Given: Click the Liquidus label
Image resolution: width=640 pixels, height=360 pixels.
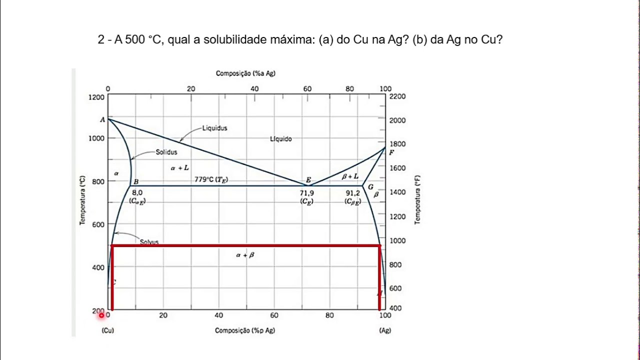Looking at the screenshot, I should (214, 128).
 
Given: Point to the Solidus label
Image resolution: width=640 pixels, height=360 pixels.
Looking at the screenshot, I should (166, 152).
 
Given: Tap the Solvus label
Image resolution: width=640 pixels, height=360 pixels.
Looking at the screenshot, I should (149, 242).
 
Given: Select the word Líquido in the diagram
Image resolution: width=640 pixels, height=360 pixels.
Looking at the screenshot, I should (280, 139).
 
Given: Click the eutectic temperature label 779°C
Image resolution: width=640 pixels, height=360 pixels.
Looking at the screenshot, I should (211, 179).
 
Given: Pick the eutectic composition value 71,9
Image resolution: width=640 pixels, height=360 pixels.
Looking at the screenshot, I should (306, 192).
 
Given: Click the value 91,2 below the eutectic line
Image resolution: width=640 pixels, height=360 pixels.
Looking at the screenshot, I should (352, 192).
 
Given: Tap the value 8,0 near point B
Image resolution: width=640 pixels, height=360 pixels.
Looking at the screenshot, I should (137, 192).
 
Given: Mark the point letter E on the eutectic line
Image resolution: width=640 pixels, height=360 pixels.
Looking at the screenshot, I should (308, 180).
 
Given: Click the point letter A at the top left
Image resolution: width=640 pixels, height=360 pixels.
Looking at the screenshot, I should (102, 119).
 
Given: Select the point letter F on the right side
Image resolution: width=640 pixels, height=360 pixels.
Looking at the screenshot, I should (391, 152).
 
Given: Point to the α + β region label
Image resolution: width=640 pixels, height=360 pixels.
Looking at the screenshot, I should (245, 255).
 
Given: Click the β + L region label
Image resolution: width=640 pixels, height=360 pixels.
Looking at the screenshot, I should (350, 176).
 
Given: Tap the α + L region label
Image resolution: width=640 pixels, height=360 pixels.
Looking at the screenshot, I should (179, 168).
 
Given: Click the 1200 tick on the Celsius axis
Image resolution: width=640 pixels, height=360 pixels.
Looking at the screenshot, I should (97, 96).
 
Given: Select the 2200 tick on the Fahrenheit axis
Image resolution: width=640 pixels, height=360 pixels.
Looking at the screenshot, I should (397, 96).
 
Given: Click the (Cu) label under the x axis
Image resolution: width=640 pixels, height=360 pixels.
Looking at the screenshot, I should (107, 330).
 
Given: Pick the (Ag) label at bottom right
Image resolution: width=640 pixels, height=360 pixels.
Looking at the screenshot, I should (384, 330).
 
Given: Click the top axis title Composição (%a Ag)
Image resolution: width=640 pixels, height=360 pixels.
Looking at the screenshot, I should (245, 73).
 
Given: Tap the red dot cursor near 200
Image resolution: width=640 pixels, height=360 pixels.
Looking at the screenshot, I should (101, 315).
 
